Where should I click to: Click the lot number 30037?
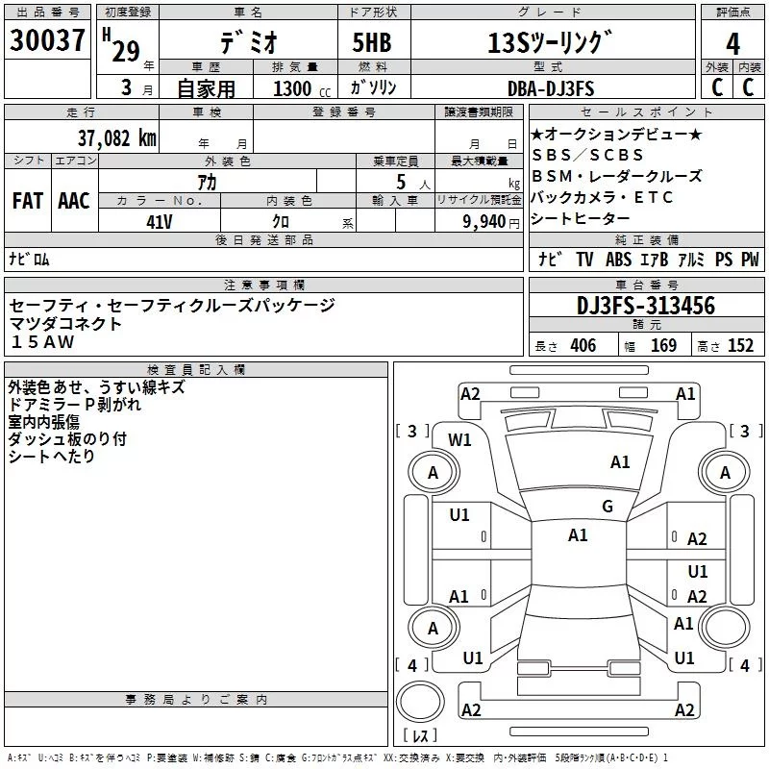coord(47,40)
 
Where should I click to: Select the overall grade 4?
coord(732,44)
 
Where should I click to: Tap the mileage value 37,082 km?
coord(116,138)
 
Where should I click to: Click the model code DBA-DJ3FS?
coord(551,88)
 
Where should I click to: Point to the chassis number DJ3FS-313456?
coord(646,306)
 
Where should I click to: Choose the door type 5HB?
coord(372,42)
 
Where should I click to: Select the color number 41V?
coord(160,222)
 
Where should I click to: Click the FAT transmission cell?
coord(28,201)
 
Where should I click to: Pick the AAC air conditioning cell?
coord(74,201)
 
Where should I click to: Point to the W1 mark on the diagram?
coord(459,440)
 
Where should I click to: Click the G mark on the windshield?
coord(608,507)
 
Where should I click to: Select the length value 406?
coord(583,345)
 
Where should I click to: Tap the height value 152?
coord(740,345)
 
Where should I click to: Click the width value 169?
coord(663,345)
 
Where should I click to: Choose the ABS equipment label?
coord(618,260)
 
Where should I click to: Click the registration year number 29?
coord(126,51)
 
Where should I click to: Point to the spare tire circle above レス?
coord(420,702)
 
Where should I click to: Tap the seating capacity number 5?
coord(401,182)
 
